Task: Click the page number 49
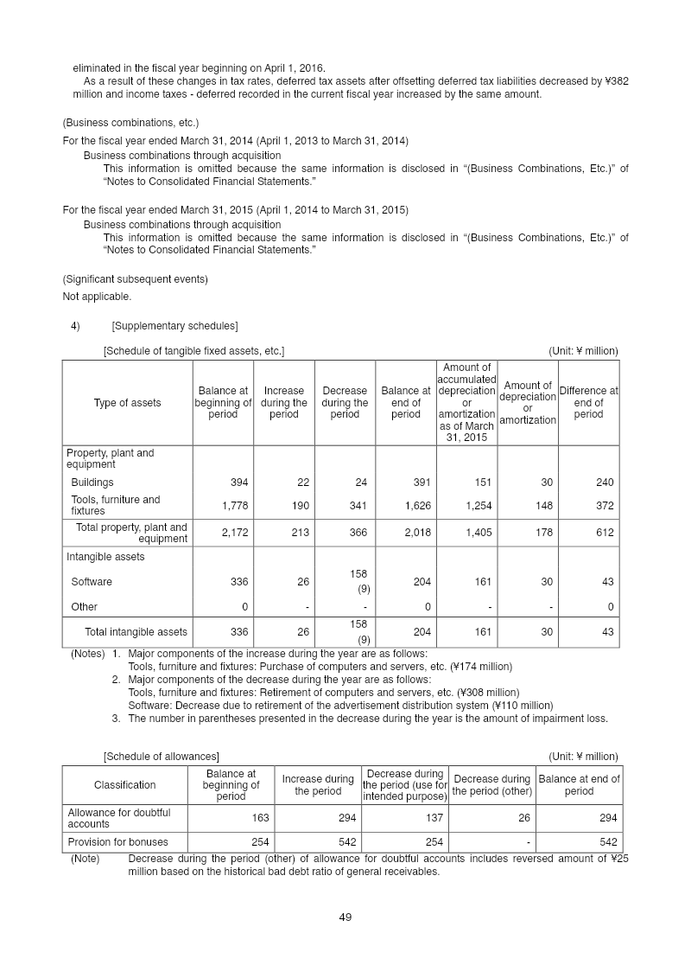345,917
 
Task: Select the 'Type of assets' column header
127,403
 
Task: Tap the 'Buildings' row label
92,483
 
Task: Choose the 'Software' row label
92,582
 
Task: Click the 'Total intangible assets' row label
136,632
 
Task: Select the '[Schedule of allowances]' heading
162,757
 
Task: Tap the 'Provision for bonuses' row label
117,842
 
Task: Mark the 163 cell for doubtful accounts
260,818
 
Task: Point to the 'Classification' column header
125,785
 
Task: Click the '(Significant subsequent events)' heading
136,279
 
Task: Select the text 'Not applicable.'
97,297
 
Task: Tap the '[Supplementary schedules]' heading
174,326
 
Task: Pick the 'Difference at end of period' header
588,403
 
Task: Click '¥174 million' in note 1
482,667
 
